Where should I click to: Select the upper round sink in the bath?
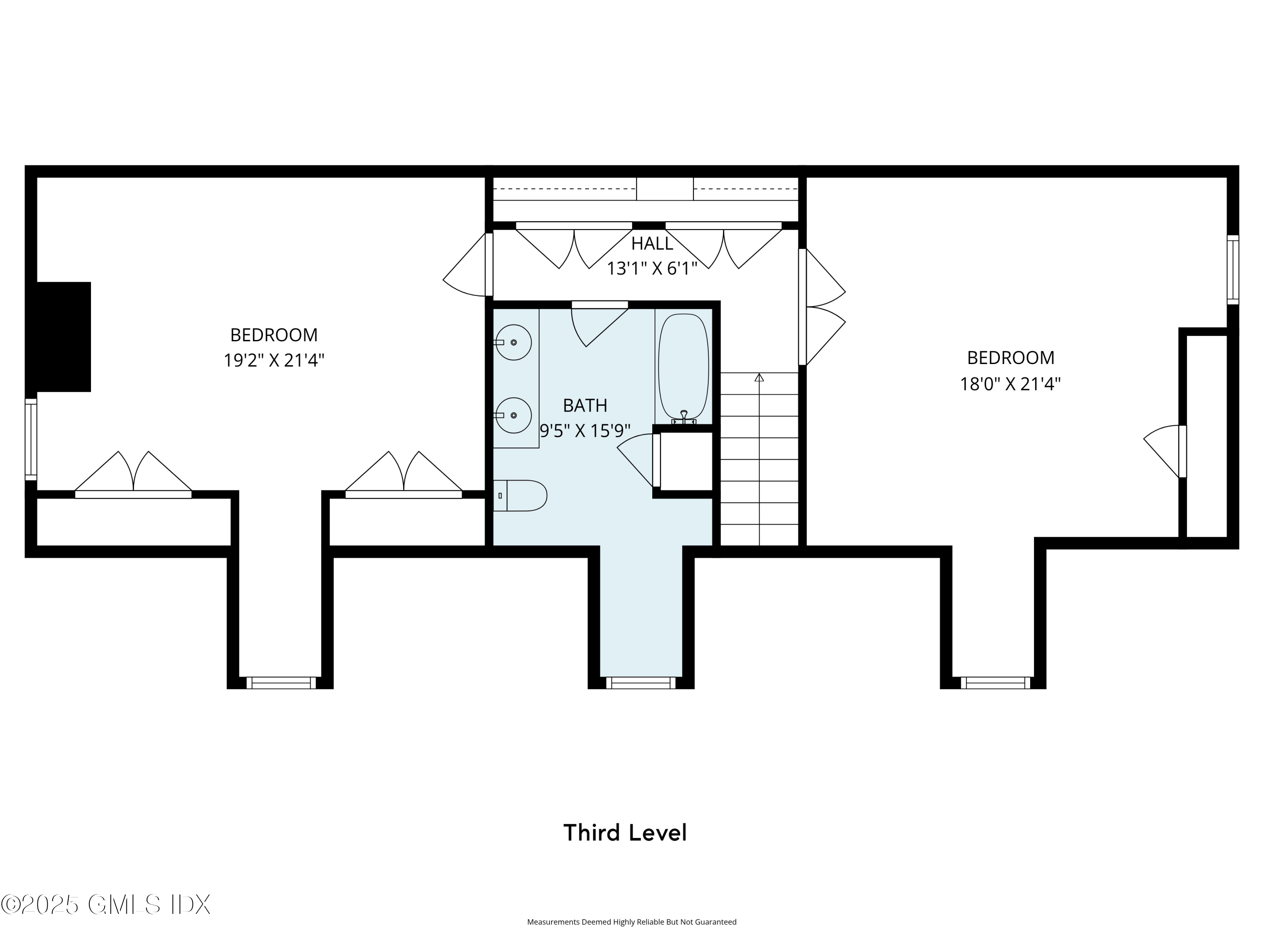pyautogui.click(x=513, y=342)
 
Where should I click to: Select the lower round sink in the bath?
pyautogui.click(x=513, y=415)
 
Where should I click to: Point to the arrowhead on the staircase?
pyautogui.click(x=759, y=378)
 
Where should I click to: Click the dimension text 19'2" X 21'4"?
pyautogui.click(x=274, y=361)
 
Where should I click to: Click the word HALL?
pyautogui.click(x=652, y=244)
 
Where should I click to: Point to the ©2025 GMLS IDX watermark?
pyautogui.click(x=106, y=905)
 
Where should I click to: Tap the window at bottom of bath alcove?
pyautogui.click(x=640, y=683)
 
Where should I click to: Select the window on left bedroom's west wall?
pyautogui.click(x=31, y=439)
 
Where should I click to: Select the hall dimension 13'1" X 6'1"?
pyautogui.click(x=652, y=268)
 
